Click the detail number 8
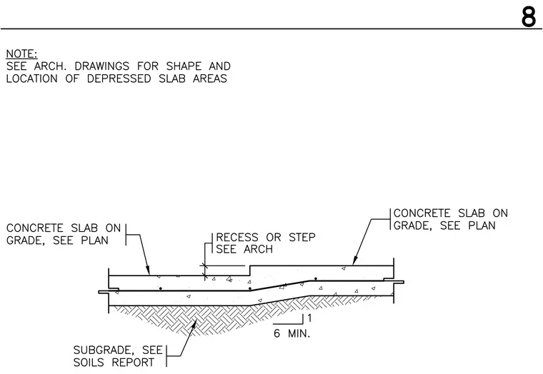point(529,16)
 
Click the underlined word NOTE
point(21,54)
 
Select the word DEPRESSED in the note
point(119,79)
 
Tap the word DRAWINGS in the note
point(101,66)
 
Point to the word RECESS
point(237,238)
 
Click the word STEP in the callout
point(302,238)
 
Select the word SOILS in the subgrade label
point(89,363)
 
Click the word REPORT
point(133,363)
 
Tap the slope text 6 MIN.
point(292,333)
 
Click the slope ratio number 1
point(309,318)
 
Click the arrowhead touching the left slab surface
point(147,271)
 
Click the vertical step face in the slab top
point(250,271)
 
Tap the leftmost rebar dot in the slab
point(160,288)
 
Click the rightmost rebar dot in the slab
point(316,279)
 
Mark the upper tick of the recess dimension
point(204,266)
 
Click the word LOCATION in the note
point(32,79)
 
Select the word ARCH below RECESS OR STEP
point(258,249)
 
